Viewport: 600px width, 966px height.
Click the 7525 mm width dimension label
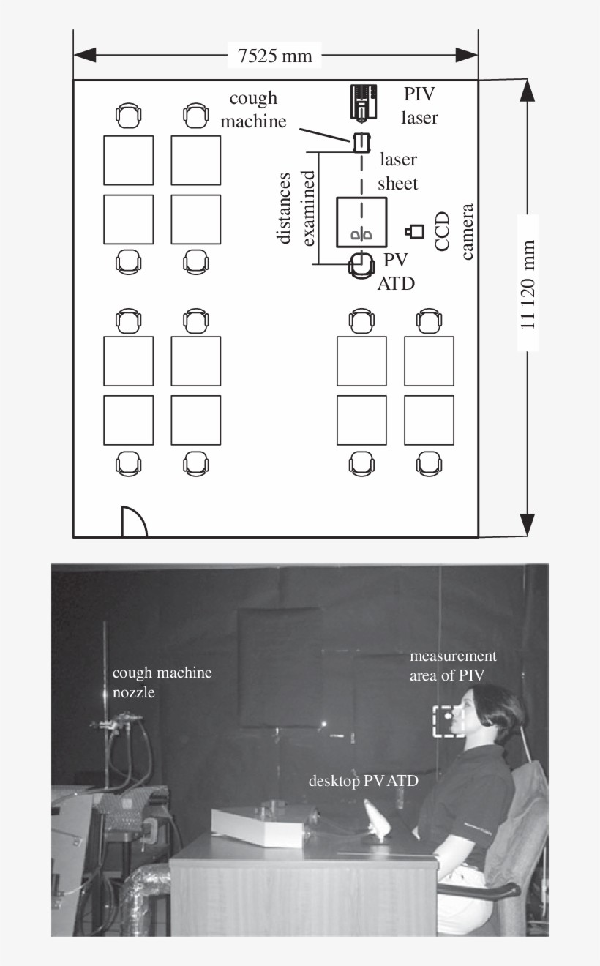tap(275, 56)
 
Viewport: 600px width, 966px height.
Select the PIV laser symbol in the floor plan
tap(364, 101)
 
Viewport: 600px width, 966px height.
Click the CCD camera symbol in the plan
tap(415, 232)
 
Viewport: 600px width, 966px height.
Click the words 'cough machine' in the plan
tap(253, 110)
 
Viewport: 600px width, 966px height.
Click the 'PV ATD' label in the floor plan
tap(396, 272)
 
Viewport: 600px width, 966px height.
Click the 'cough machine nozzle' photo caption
tap(162, 681)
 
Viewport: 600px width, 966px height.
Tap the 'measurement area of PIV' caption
tap(453, 664)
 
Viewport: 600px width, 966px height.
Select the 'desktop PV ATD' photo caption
tap(363, 782)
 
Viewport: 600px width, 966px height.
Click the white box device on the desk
tap(256, 827)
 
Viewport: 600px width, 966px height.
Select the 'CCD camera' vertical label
tap(454, 232)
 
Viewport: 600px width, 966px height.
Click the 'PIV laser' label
tap(421, 105)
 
